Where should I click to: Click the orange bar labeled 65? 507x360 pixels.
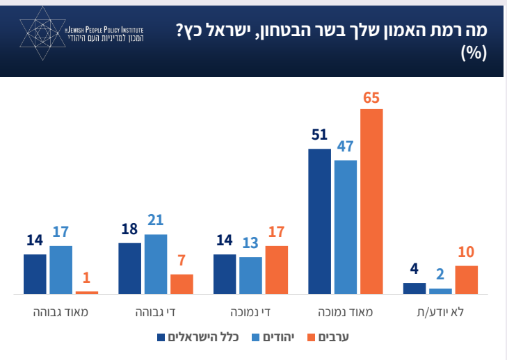coord(371,202)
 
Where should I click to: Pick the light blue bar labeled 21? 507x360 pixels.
coord(156,264)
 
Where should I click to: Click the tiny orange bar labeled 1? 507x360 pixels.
coord(87,293)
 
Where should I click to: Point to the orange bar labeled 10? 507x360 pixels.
coord(466,279)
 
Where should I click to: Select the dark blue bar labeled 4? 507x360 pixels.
coord(415,288)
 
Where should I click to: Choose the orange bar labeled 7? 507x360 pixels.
coord(182,284)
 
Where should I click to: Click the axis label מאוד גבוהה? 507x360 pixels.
coord(61,312)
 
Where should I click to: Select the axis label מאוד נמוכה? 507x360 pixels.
coord(345,312)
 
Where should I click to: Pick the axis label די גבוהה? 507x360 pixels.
coord(156,312)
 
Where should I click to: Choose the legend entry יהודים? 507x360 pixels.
coord(275,338)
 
